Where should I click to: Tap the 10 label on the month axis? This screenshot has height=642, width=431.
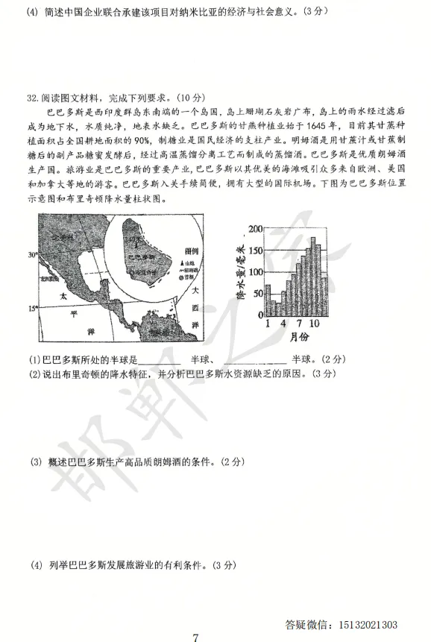click(x=316, y=324)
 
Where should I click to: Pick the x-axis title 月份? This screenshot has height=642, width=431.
click(x=294, y=337)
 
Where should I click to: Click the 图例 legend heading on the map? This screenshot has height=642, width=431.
click(x=190, y=251)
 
